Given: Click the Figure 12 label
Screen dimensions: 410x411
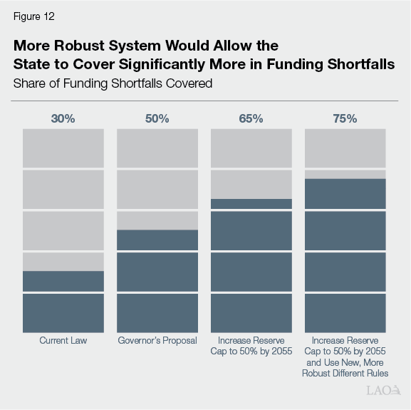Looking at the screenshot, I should [x=33, y=16].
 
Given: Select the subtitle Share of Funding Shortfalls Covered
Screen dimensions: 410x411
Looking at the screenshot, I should [x=113, y=83].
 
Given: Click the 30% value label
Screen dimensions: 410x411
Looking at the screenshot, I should [x=63, y=118].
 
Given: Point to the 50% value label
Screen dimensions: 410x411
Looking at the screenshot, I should [x=157, y=118].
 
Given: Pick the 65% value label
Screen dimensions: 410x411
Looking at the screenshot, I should [x=251, y=118].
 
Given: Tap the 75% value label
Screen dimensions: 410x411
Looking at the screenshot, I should [x=345, y=118].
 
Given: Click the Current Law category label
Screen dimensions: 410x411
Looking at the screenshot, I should [x=63, y=341].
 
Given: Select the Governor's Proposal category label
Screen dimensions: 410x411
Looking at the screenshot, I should [x=157, y=341].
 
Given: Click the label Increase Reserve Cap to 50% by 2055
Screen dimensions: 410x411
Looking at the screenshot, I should [x=251, y=346].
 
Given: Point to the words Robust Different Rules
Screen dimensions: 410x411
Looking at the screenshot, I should [x=345, y=373].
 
